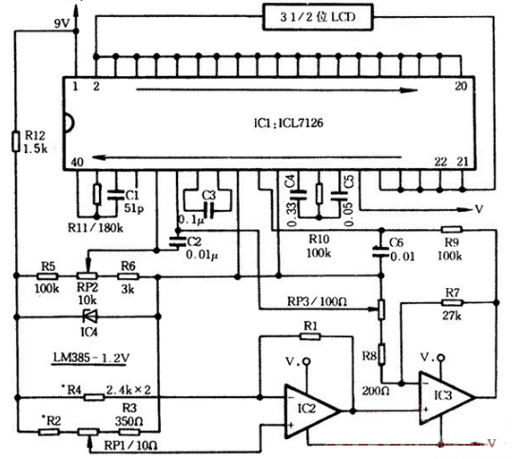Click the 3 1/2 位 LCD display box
313,16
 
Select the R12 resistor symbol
16,143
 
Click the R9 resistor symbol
453,229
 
